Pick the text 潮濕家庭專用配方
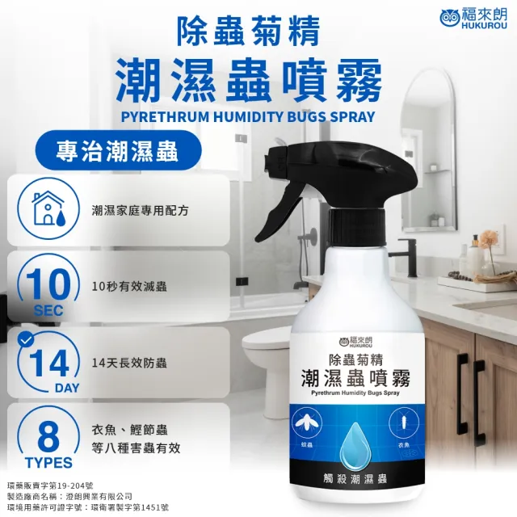(141, 209)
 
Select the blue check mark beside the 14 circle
(26, 340)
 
